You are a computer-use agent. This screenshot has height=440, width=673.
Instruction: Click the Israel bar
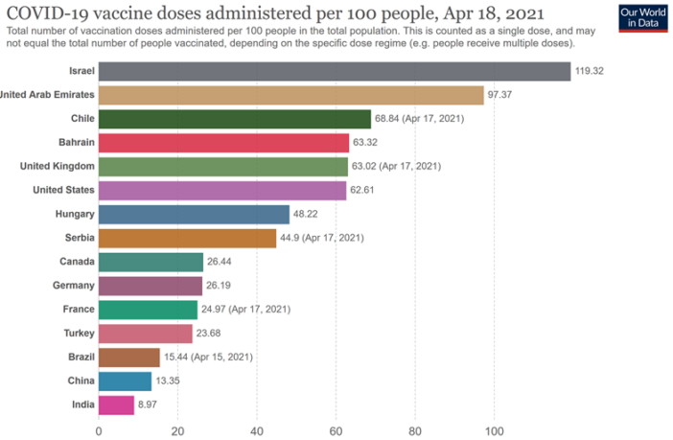coord(334,72)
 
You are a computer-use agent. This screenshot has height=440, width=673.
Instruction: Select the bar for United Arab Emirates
coord(290,95)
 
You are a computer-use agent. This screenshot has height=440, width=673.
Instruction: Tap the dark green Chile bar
coord(234,119)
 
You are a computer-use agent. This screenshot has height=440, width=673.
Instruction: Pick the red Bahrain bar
coord(223,143)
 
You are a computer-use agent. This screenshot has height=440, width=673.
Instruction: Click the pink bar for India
coord(116,405)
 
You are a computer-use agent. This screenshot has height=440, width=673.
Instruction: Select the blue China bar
coord(125,381)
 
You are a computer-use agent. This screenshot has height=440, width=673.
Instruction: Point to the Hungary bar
coord(194,214)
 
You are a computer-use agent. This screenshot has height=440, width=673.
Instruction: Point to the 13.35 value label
coord(171,381)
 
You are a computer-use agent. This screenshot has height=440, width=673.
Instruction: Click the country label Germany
coord(74,285)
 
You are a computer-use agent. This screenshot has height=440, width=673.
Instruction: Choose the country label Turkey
coord(77,333)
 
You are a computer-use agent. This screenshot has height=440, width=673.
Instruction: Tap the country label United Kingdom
coord(58,166)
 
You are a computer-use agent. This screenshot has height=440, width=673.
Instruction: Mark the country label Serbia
coord(78,238)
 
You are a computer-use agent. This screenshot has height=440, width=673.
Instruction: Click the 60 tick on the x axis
coord(336,430)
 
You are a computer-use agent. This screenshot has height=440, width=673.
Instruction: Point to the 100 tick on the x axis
coord(495,430)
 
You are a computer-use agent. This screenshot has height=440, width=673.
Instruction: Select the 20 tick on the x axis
coord(177,430)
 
